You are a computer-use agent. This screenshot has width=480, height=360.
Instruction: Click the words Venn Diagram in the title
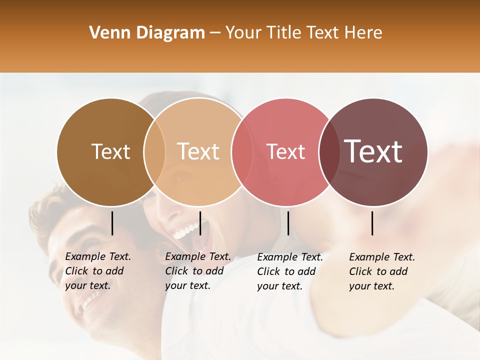[147, 33]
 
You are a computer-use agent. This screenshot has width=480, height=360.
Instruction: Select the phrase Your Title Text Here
[303, 33]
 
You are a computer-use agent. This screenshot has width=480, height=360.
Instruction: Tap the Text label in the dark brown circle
[110, 151]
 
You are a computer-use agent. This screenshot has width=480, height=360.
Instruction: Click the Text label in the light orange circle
[198, 151]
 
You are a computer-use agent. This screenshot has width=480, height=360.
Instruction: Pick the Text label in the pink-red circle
[285, 151]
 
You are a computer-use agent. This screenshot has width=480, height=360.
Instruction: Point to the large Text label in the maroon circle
[373, 151]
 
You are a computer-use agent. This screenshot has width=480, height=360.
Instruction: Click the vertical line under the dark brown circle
[112, 223]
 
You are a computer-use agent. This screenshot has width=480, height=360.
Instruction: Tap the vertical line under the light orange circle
[200, 223]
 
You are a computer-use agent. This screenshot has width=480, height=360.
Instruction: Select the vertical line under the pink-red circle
[288, 223]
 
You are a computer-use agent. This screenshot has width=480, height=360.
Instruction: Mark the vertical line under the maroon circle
[372, 223]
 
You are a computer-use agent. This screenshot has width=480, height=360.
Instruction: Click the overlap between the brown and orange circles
[154, 152]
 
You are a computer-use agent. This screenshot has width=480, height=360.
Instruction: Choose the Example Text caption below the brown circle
[98, 271]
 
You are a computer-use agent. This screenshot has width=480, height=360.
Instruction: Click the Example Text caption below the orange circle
[198, 271]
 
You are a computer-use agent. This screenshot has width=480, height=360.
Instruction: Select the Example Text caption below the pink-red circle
[290, 271]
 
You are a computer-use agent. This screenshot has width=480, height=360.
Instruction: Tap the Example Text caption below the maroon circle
[382, 271]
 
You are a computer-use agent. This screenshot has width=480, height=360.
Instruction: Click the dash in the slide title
[215, 33]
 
